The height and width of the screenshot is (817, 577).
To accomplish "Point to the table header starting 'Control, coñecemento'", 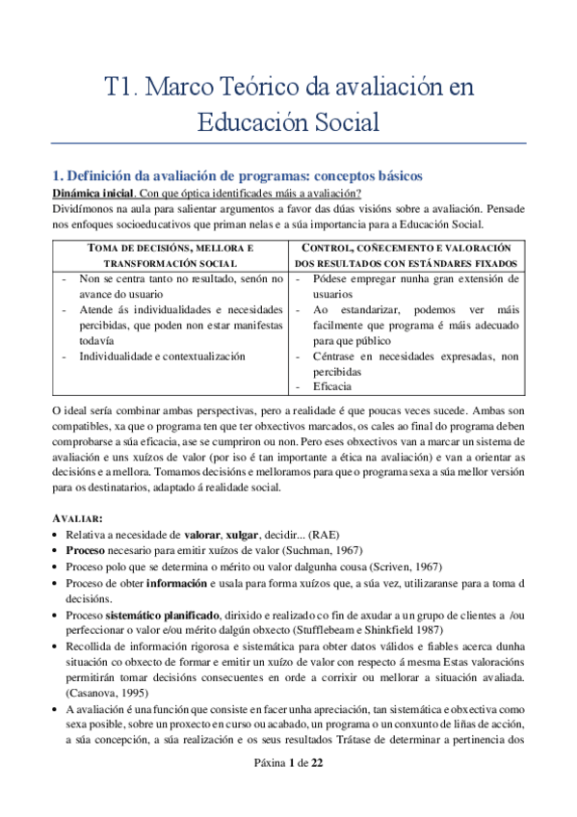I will click(x=408, y=248).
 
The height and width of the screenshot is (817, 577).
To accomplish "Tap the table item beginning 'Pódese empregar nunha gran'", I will click(x=414, y=278).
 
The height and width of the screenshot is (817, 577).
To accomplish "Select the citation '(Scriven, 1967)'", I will click(x=383, y=567).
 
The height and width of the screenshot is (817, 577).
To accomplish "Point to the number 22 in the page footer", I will click(x=317, y=789).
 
